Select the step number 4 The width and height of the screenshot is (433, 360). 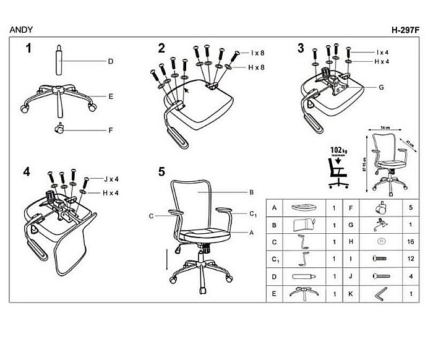tap(27, 171)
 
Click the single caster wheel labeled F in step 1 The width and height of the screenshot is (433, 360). tap(60, 130)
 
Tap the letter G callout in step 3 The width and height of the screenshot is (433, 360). tap(382, 87)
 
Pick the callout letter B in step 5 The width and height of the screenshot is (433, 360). tap(252, 192)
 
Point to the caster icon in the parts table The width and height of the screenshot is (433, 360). tap(380, 209)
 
